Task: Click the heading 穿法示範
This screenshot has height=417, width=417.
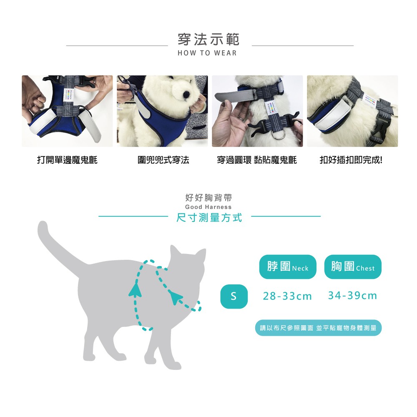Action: [208, 39]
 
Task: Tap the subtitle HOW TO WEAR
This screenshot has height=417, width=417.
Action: [207, 53]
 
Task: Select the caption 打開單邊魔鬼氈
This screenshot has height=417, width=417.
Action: [67, 160]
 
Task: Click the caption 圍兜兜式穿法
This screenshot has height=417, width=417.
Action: [163, 160]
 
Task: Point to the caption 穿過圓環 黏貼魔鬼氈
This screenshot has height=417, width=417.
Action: [257, 160]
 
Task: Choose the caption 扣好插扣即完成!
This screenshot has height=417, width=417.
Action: [351, 160]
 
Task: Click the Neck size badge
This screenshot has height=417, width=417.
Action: [288, 267]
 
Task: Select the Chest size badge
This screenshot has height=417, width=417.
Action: [353, 267]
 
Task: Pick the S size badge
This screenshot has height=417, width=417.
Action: [234, 296]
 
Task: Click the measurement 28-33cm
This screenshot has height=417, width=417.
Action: [287, 296]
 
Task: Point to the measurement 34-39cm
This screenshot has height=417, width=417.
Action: [353, 296]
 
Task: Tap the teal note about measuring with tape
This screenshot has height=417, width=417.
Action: [318, 328]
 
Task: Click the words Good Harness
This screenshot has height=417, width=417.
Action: [208, 207]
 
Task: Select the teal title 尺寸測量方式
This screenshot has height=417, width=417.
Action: [209, 218]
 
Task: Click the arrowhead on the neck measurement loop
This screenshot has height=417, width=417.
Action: [175, 297]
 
